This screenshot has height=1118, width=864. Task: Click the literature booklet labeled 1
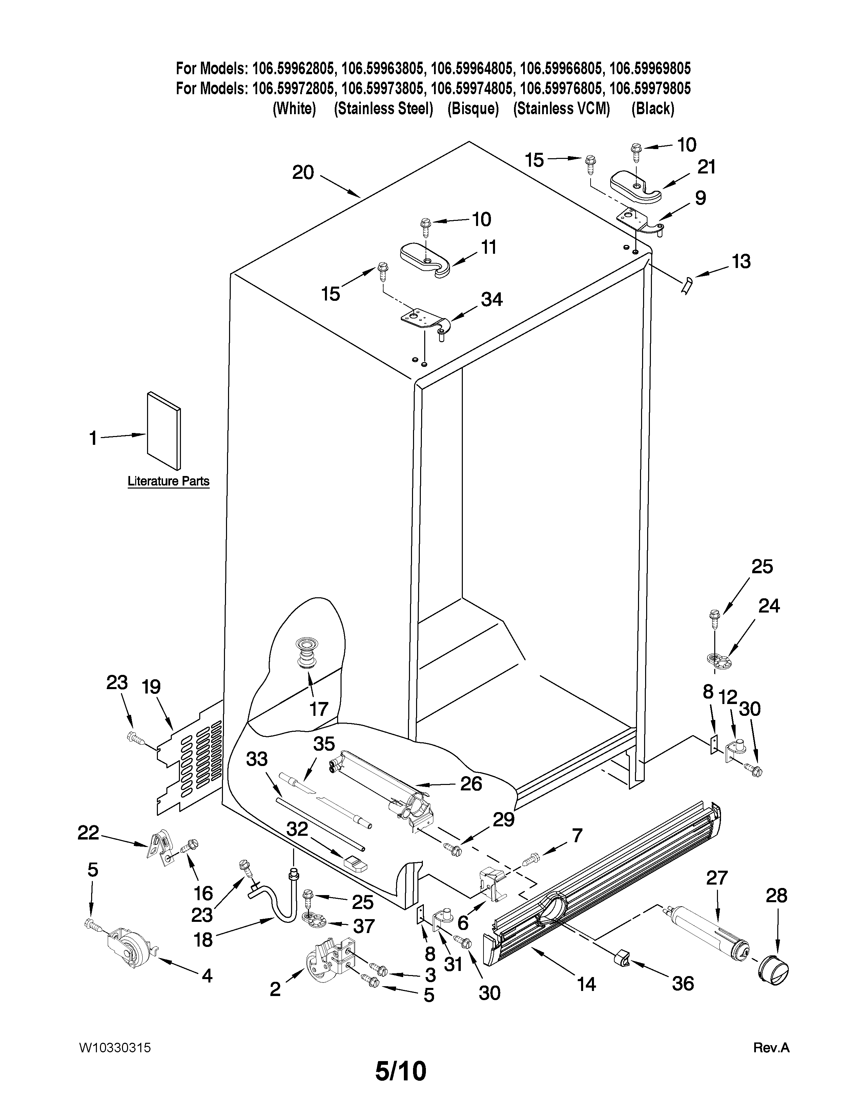point(164,431)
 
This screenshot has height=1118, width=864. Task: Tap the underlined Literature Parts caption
point(168,481)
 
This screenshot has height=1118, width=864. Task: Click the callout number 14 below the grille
point(587,984)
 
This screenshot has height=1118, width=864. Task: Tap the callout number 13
point(741,262)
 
